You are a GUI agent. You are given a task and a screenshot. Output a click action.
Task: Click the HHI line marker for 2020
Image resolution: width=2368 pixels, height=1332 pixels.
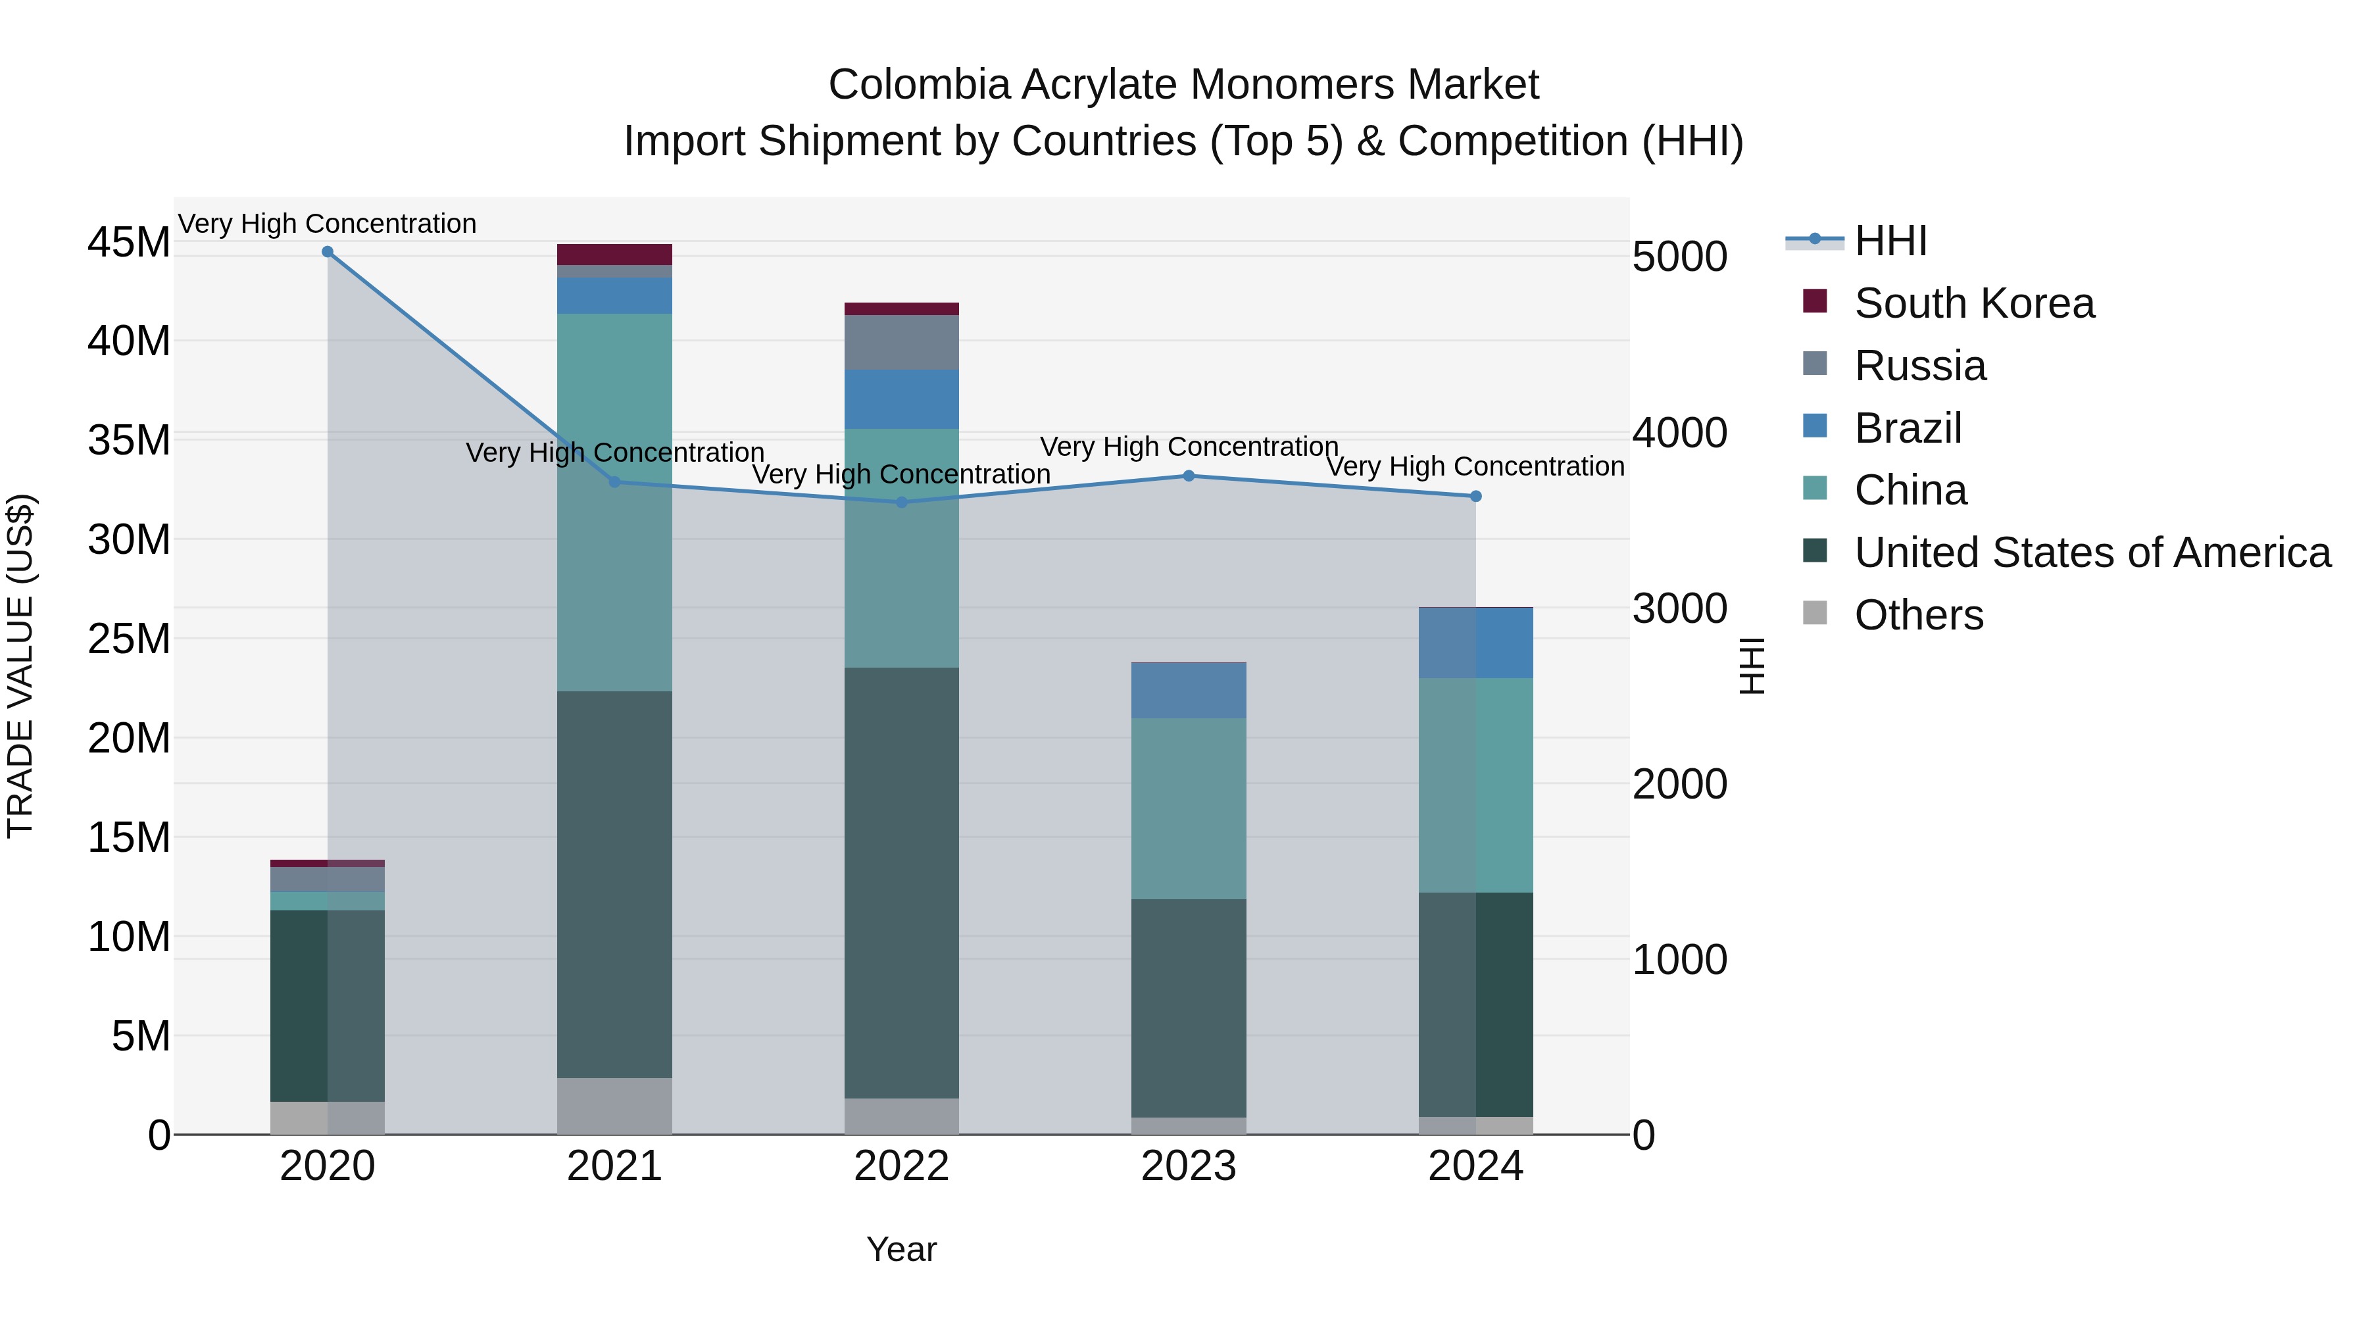[x=328, y=252]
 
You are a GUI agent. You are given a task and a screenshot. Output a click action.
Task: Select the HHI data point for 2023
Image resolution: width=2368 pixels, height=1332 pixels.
[x=1189, y=476]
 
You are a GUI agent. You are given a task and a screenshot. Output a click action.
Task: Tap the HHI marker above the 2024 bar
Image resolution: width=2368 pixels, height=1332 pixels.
[x=1475, y=497]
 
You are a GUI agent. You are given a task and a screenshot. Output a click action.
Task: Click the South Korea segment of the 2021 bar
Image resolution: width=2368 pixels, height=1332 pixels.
[x=614, y=255]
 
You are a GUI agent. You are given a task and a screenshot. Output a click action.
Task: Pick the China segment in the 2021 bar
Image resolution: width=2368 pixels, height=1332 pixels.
[x=614, y=502]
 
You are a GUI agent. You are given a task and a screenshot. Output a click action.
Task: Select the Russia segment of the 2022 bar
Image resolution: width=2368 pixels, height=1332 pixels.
[x=901, y=343]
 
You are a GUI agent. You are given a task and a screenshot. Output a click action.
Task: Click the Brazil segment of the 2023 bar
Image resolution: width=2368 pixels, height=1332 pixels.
[x=1189, y=691]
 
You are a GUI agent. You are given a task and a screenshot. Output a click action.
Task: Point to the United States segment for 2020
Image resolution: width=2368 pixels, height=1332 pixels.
[x=328, y=1006]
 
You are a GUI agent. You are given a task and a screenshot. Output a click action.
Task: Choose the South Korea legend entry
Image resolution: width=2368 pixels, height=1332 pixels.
[x=1973, y=303]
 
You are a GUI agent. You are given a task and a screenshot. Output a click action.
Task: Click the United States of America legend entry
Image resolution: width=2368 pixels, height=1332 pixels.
[x=2091, y=553]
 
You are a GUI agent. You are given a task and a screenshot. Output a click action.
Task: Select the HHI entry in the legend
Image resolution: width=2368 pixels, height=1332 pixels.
[x=1889, y=241]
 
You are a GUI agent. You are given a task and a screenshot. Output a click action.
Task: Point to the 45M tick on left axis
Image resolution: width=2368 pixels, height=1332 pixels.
[x=129, y=243]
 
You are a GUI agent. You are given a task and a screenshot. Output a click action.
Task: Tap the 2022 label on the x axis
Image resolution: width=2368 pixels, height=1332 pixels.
[x=901, y=1166]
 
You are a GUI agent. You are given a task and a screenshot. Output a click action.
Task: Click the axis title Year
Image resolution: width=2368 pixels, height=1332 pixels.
[x=901, y=1249]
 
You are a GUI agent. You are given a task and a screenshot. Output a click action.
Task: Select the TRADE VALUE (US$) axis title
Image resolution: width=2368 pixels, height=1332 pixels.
[x=20, y=666]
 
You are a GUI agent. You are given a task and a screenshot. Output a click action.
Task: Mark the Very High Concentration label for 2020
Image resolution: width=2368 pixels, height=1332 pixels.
[x=328, y=224]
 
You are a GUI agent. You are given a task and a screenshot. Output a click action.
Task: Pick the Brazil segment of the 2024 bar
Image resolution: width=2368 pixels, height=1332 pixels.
[x=1475, y=643]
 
